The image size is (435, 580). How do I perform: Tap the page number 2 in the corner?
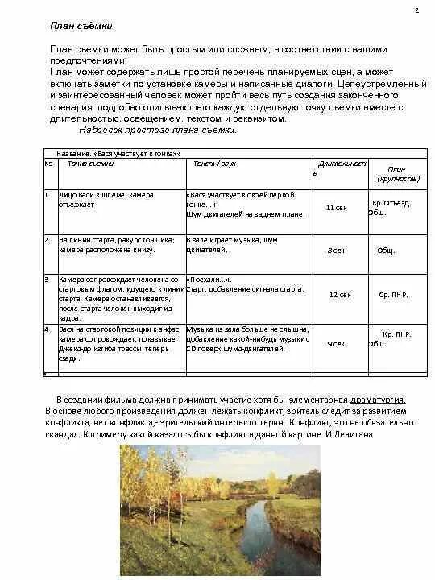416,10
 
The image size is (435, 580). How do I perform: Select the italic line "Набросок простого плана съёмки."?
158,129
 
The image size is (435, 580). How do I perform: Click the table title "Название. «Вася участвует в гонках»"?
118,153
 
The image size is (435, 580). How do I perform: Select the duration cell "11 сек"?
336,207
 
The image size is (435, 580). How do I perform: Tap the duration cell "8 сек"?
336,251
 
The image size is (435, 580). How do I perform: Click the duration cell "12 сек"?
340,295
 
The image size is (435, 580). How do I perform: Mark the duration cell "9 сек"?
336,344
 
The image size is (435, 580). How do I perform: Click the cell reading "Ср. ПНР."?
394,295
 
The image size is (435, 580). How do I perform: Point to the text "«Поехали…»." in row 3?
208,279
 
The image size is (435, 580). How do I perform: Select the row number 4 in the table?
47,329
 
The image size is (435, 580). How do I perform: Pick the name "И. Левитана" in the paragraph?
348,434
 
